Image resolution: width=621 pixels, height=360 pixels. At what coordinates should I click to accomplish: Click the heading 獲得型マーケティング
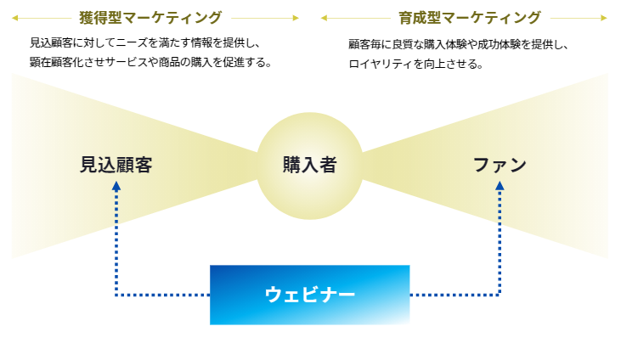click(150, 18)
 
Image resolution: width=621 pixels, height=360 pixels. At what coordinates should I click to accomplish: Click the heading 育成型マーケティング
click(469, 18)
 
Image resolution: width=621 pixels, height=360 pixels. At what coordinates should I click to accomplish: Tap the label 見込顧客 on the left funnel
click(116, 165)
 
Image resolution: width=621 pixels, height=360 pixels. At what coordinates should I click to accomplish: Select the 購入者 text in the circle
click(310, 165)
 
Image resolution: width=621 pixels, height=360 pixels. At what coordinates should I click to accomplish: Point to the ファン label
click(500, 165)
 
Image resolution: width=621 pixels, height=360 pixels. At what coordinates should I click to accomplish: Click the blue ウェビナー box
click(310, 295)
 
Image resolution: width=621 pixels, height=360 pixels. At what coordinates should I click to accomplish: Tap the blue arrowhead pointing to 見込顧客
click(116, 186)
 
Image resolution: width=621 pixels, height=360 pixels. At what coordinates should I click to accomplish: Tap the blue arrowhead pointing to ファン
click(500, 186)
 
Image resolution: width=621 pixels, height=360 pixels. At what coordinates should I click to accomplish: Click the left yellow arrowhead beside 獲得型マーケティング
click(15, 18)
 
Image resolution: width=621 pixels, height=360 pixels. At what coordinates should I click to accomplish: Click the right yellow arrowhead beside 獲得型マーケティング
click(296, 18)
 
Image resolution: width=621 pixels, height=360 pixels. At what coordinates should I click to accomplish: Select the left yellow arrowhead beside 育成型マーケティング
click(324, 18)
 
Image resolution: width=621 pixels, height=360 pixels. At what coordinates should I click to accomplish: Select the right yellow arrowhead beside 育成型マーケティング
click(604, 18)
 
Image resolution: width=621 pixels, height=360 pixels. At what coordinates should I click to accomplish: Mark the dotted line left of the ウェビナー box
click(163, 295)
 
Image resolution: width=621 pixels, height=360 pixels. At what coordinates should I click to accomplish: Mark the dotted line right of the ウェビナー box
click(455, 295)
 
